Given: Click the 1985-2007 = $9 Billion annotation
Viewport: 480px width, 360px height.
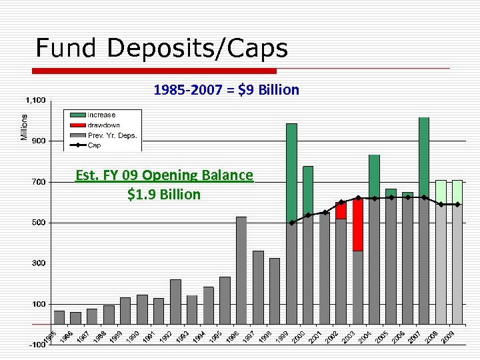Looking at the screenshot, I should [x=226, y=89].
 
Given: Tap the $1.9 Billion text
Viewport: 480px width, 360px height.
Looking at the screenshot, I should [x=164, y=194].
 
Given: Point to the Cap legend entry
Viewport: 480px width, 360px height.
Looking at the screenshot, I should [x=94, y=145].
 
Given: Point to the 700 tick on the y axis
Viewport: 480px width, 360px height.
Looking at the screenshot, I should [x=38, y=182].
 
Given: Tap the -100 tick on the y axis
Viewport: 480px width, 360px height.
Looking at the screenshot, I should [x=36, y=345].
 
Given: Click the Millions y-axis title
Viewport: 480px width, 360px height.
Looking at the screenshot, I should [x=25, y=127].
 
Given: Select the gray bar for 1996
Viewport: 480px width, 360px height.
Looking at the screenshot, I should [x=241, y=270].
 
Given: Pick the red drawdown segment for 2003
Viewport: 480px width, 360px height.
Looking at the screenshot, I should [x=358, y=224].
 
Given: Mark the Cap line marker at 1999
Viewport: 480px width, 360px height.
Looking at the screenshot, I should [x=291, y=223].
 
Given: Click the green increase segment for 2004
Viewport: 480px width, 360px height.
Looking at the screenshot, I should [x=374, y=176].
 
